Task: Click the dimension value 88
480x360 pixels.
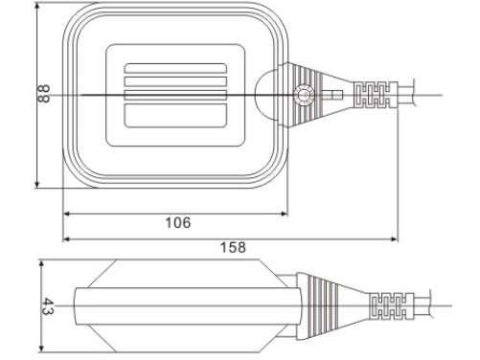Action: tap(43, 94)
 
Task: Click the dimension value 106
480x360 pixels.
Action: tap(178, 223)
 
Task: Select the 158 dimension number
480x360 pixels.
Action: tap(233, 247)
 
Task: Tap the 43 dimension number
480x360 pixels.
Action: tap(48, 306)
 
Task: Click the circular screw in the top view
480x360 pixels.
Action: tap(304, 95)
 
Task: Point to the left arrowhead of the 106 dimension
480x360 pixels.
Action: tap(66, 214)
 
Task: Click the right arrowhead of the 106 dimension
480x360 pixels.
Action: tap(285, 214)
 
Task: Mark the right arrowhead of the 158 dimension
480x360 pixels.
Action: tap(395, 238)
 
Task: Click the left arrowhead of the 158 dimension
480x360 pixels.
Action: tap(66, 238)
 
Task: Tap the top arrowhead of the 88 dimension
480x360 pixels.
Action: tap(37, 7)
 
